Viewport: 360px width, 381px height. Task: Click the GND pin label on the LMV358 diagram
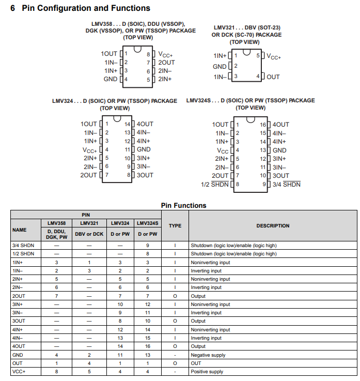click(111, 79)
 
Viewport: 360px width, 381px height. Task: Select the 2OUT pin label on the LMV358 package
click(166, 63)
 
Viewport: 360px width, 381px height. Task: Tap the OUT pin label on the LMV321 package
click(273, 77)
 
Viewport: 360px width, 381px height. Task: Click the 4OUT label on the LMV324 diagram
click(145, 124)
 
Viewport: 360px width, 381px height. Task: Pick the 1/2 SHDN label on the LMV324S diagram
click(215, 185)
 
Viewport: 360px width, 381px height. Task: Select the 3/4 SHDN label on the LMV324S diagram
click(286, 185)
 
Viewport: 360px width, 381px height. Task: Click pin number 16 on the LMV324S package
click(262, 125)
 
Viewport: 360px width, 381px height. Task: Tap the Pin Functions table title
click(183, 205)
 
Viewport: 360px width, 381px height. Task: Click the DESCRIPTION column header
click(273, 226)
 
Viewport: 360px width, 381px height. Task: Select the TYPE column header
click(175, 226)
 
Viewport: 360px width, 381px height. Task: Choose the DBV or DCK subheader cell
click(89, 234)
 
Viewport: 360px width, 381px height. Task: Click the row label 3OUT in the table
click(18, 321)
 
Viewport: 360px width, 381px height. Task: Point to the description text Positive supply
click(207, 372)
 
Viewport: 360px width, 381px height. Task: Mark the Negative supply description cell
click(208, 355)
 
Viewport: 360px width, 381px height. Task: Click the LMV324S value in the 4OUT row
click(147, 346)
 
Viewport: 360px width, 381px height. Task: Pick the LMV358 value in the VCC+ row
click(56, 372)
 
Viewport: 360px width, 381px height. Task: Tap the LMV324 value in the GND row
click(120, 355)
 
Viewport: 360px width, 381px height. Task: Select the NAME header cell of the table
click(20, 230)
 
